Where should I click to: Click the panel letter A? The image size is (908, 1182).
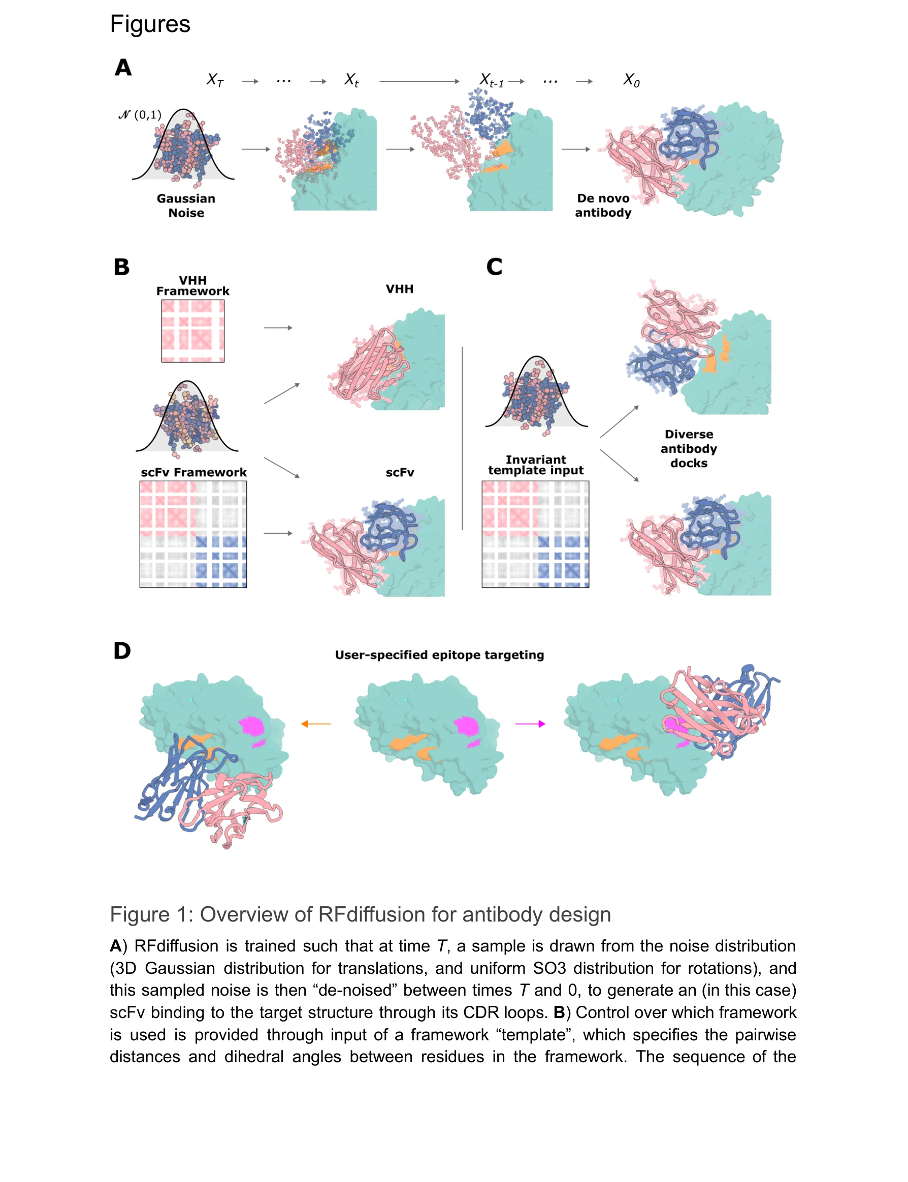(123, 68)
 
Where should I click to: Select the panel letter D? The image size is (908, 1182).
(122, 650)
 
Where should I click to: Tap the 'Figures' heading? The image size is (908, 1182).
(150, 24)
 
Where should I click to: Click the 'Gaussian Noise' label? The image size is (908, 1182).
(186, 206)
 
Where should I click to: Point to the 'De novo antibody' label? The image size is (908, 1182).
(603, 205)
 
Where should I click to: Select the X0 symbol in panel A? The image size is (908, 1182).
(631, 81)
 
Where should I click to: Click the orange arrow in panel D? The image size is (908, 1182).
(316, 724)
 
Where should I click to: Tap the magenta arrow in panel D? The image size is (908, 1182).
(530, 724)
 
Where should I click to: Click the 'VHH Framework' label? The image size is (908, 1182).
(193, 286)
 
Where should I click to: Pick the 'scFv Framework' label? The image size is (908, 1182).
(193, 472)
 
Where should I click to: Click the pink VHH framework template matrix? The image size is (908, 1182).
(193, 331)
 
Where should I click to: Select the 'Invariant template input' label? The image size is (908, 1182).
(536, 465)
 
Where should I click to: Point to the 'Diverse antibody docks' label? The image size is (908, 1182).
(689, 448)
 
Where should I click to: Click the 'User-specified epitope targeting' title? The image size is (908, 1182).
(439, 655)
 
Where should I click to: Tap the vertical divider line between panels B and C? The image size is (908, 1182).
(462, 438)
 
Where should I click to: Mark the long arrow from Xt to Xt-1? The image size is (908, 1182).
(419, 82)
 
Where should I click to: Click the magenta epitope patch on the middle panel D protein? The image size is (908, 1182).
(466, 726)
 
